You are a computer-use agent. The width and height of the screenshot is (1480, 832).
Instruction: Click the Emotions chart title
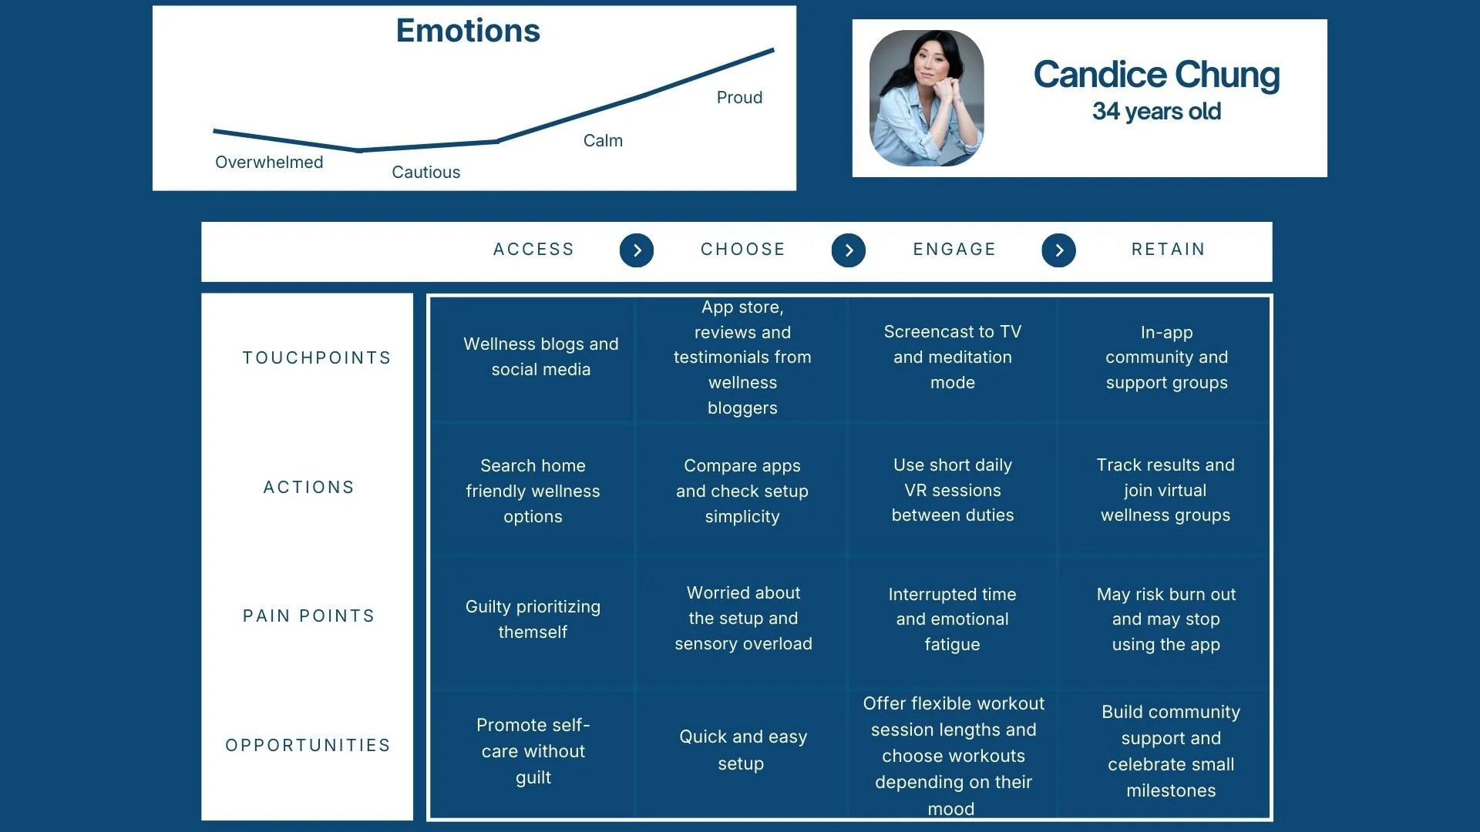(468, 31)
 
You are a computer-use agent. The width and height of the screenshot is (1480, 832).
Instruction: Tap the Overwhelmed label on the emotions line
(269, 163)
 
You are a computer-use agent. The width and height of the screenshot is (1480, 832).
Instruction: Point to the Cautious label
(425, 173)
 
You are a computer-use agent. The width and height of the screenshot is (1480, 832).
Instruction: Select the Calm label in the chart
(603, 141)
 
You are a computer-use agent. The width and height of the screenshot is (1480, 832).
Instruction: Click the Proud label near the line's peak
(739, 98)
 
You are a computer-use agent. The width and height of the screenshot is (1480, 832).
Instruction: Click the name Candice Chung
(1156, 75)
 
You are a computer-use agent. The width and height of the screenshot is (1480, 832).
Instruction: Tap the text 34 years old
(1156, 112)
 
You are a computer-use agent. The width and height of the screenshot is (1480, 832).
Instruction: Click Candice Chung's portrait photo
(927, 98)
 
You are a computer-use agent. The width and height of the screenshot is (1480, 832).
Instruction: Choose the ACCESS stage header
(533, 250)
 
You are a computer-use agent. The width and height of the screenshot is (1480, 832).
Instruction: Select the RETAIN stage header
(1168, 250)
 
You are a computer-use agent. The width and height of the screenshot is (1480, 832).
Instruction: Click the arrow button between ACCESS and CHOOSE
(637, 250)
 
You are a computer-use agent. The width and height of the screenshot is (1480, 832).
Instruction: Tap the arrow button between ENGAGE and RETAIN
(1058, 250)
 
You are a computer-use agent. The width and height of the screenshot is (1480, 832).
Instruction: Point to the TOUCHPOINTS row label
(317, 358)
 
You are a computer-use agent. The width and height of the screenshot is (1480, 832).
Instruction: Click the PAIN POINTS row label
(309, 616)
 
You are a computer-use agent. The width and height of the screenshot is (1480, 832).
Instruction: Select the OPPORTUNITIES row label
(308, 746)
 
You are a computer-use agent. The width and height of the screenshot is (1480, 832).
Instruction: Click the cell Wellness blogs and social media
(541, 357)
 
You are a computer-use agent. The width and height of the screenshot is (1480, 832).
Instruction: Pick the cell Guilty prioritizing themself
(533, 619)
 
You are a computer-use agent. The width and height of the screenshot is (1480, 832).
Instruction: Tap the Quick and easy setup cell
(742, 750)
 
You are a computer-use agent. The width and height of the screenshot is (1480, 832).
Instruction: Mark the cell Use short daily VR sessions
(953, 490)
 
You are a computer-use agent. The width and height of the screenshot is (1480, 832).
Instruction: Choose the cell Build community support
(1171, 751)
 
